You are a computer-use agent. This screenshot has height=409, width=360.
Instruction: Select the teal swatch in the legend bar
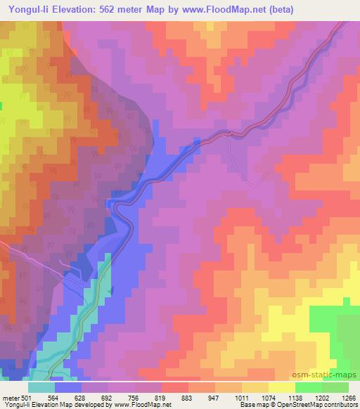[41, 387]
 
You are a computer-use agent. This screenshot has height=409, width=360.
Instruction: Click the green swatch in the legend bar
[309, 387]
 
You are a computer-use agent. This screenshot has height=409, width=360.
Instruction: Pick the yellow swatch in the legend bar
[283, 387]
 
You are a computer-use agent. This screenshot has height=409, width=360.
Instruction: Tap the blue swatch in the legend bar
[68, 387]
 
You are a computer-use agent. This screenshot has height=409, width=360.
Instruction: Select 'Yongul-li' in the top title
[25, 10]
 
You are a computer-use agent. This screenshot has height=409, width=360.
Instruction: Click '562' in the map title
[116, 10]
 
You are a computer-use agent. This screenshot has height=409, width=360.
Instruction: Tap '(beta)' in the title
[279, 10]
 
